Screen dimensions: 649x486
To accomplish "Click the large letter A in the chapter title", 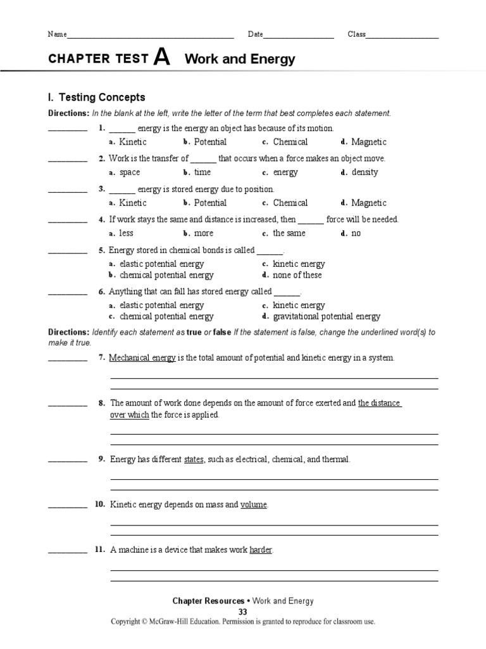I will coord(162,58).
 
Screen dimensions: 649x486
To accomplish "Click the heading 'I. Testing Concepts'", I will coord(96,98).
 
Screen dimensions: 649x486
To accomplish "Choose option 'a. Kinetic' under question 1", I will coord(128,142).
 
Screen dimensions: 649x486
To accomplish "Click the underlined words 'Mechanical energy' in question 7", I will coord(142,358).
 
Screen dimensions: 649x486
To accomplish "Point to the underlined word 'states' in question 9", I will coord(194,459).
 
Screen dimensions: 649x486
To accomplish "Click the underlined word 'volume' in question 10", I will coord(254,505).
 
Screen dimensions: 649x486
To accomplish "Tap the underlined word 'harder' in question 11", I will coord(261,550).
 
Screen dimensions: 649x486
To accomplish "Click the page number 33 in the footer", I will coord(243,612).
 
